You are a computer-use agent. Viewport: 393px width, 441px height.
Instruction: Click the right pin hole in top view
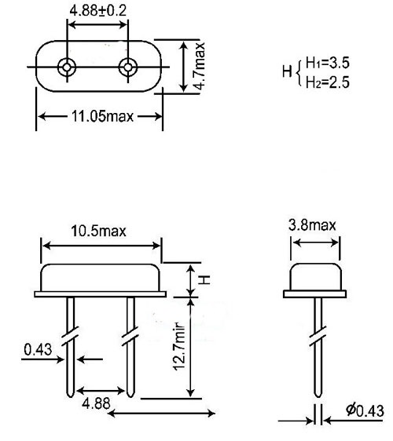pyautogui.click(x=128, y=67)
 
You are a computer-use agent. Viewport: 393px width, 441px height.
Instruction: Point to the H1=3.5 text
pyautogui.click(x=329, y=62)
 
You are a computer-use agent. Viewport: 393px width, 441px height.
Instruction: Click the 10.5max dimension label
pyautogui.click(x=100, y=231)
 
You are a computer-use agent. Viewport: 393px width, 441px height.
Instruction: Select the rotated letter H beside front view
pyautogui.click(x=203, y=279)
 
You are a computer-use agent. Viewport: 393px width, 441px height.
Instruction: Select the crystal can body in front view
pyautogui.click(x=100, y=279)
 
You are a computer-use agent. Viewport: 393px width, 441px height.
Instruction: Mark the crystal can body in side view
pyautogui.click(x=314, y=279)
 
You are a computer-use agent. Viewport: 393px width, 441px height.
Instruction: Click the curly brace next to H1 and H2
pyautogui.click(x=297, y=71)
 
